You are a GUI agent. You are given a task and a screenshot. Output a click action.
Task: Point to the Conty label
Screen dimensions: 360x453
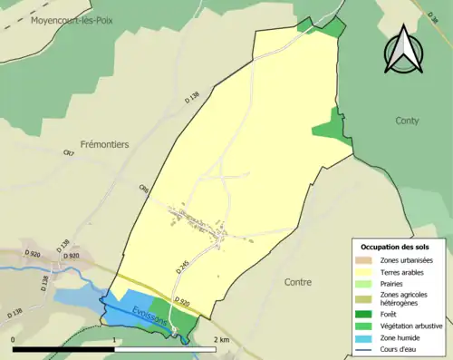point(408,120)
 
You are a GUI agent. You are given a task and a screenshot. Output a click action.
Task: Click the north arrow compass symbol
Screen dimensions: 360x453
point(404,48)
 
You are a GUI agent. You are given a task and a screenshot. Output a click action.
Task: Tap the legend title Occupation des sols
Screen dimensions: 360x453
point(396,247)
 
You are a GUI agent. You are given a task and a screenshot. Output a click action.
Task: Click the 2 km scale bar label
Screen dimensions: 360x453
point(221,339)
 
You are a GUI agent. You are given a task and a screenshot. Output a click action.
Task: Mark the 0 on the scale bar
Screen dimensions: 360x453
point(13,339)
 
